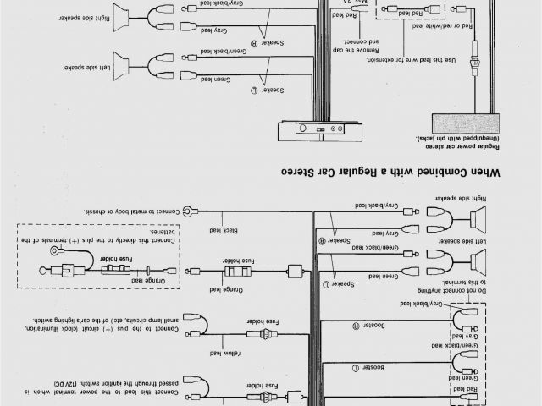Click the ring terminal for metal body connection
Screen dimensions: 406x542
194,209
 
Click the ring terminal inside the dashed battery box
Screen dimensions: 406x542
56,253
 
